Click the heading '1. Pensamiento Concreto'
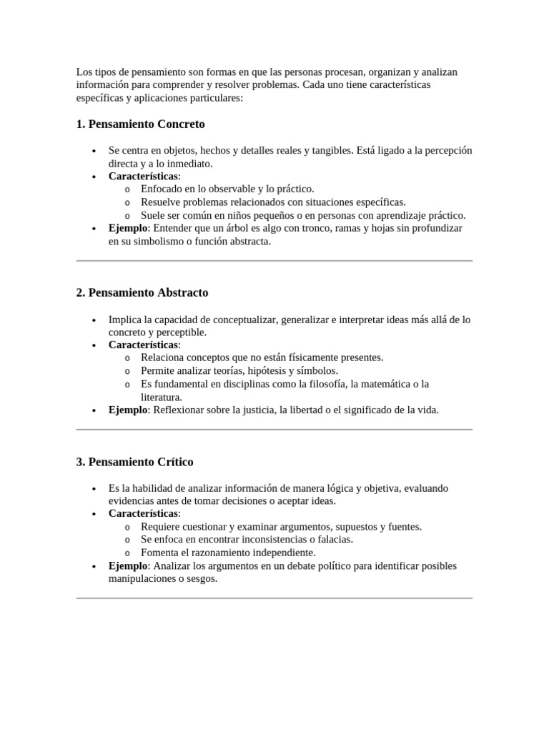pos(140,124)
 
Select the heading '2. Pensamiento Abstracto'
pos(142,293)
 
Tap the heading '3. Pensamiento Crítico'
pos(134,462)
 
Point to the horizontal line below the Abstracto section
pos(274,430)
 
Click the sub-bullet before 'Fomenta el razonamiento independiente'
pos(127,553)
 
